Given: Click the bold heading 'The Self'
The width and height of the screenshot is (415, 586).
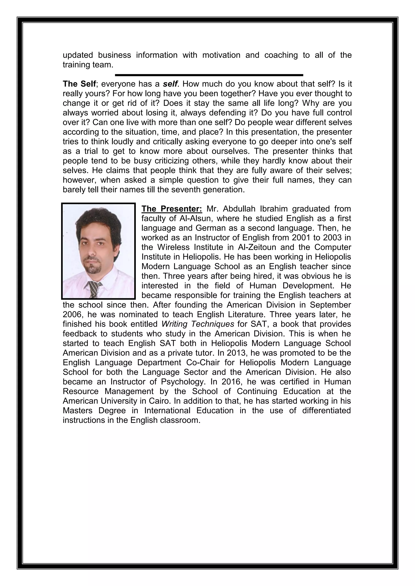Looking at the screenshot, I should coord(79,84).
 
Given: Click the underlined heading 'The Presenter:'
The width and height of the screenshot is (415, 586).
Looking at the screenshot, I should coord(172,209).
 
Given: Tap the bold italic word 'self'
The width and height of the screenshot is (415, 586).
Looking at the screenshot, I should coord(170,84).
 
